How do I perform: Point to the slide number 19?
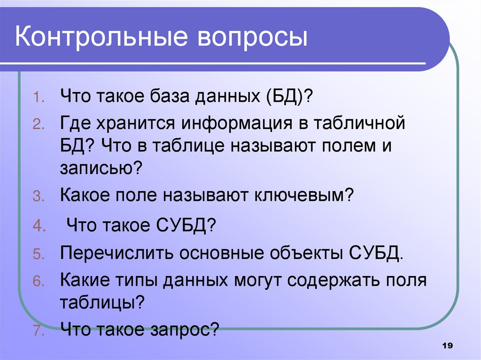[447, 345]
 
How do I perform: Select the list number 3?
[38, 197]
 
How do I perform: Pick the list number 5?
[38, 256]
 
